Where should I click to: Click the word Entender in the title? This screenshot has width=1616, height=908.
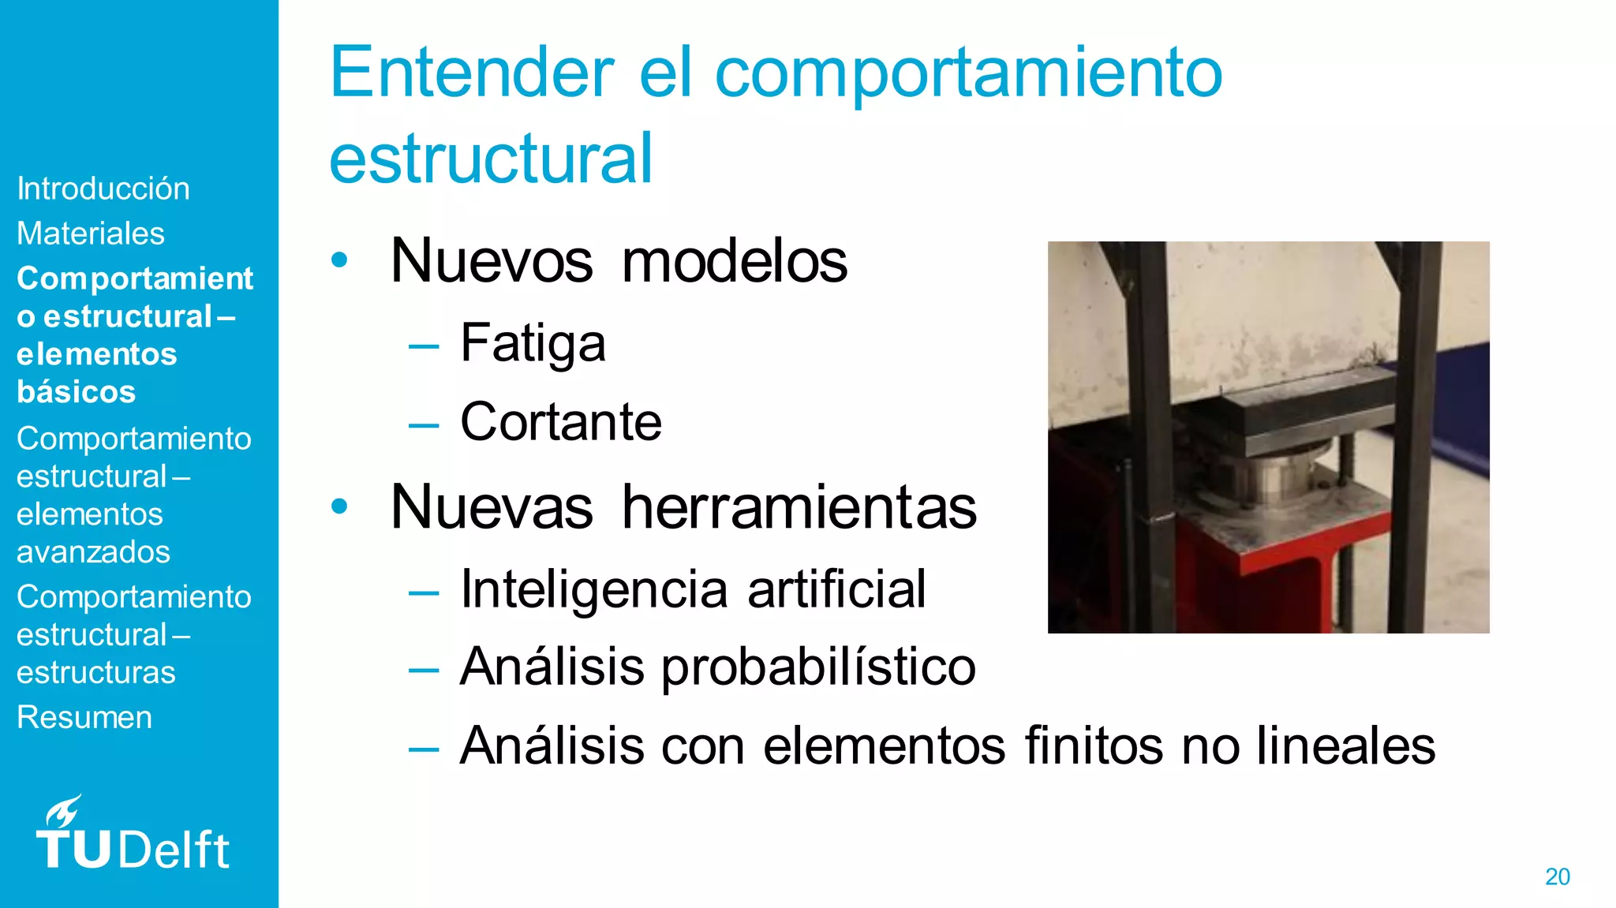(x=471, y=73)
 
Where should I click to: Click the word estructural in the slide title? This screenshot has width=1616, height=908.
(x=491, y=159)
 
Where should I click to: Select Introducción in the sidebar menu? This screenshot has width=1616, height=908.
(x=103, y=189)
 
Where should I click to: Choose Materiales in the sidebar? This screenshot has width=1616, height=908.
(x=91, y=234)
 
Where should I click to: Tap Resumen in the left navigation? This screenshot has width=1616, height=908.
(x=84, y=718)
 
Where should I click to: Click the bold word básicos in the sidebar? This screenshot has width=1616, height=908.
(x=77, y=392)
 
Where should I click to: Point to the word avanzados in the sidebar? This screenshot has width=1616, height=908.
(x=93, y=552)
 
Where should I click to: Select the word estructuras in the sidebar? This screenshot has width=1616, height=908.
(x=96, y=673)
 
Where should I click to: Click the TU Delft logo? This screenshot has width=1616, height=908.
(x=133, y=837)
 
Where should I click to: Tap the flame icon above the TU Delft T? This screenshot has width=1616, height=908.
(x=63, y=810)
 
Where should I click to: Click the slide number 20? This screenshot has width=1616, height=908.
(x=1557, y=877)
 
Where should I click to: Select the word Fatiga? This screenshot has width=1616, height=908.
(x=533, y=344)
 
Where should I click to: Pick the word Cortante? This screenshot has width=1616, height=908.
(x=560, y=422)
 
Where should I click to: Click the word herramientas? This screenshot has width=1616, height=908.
(x=799, y=507)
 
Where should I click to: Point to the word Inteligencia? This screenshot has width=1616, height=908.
(x=593, y=589)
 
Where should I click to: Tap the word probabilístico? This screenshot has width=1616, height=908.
(x=817, y=667)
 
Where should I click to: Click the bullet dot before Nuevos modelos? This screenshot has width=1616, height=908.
(x=339, y=260)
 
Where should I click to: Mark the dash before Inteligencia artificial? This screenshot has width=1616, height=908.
(x=424, y=590)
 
